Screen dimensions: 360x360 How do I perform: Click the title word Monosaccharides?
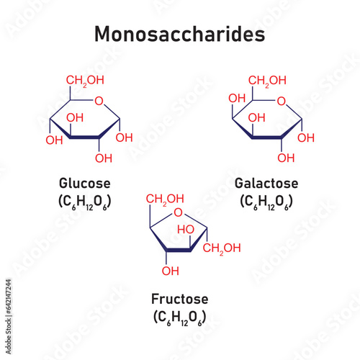click(180, 34)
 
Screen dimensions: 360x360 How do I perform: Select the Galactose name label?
click(266, 184)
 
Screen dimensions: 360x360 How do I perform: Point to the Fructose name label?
click(176, 298)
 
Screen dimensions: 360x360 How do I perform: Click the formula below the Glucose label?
click(86, 199)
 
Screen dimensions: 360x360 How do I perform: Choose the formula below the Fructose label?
click(176, 315)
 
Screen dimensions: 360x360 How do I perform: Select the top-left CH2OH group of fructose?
click(163, 199)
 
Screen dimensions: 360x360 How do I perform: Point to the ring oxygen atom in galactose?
click(283, 101)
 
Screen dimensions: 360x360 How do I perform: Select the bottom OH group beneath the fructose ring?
click(171, 271)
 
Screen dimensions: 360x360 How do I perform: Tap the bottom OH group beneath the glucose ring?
click(104, 158)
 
